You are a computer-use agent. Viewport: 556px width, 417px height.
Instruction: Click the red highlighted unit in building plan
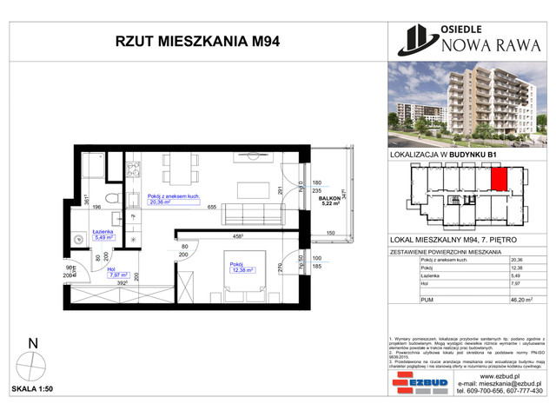[500, 178]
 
